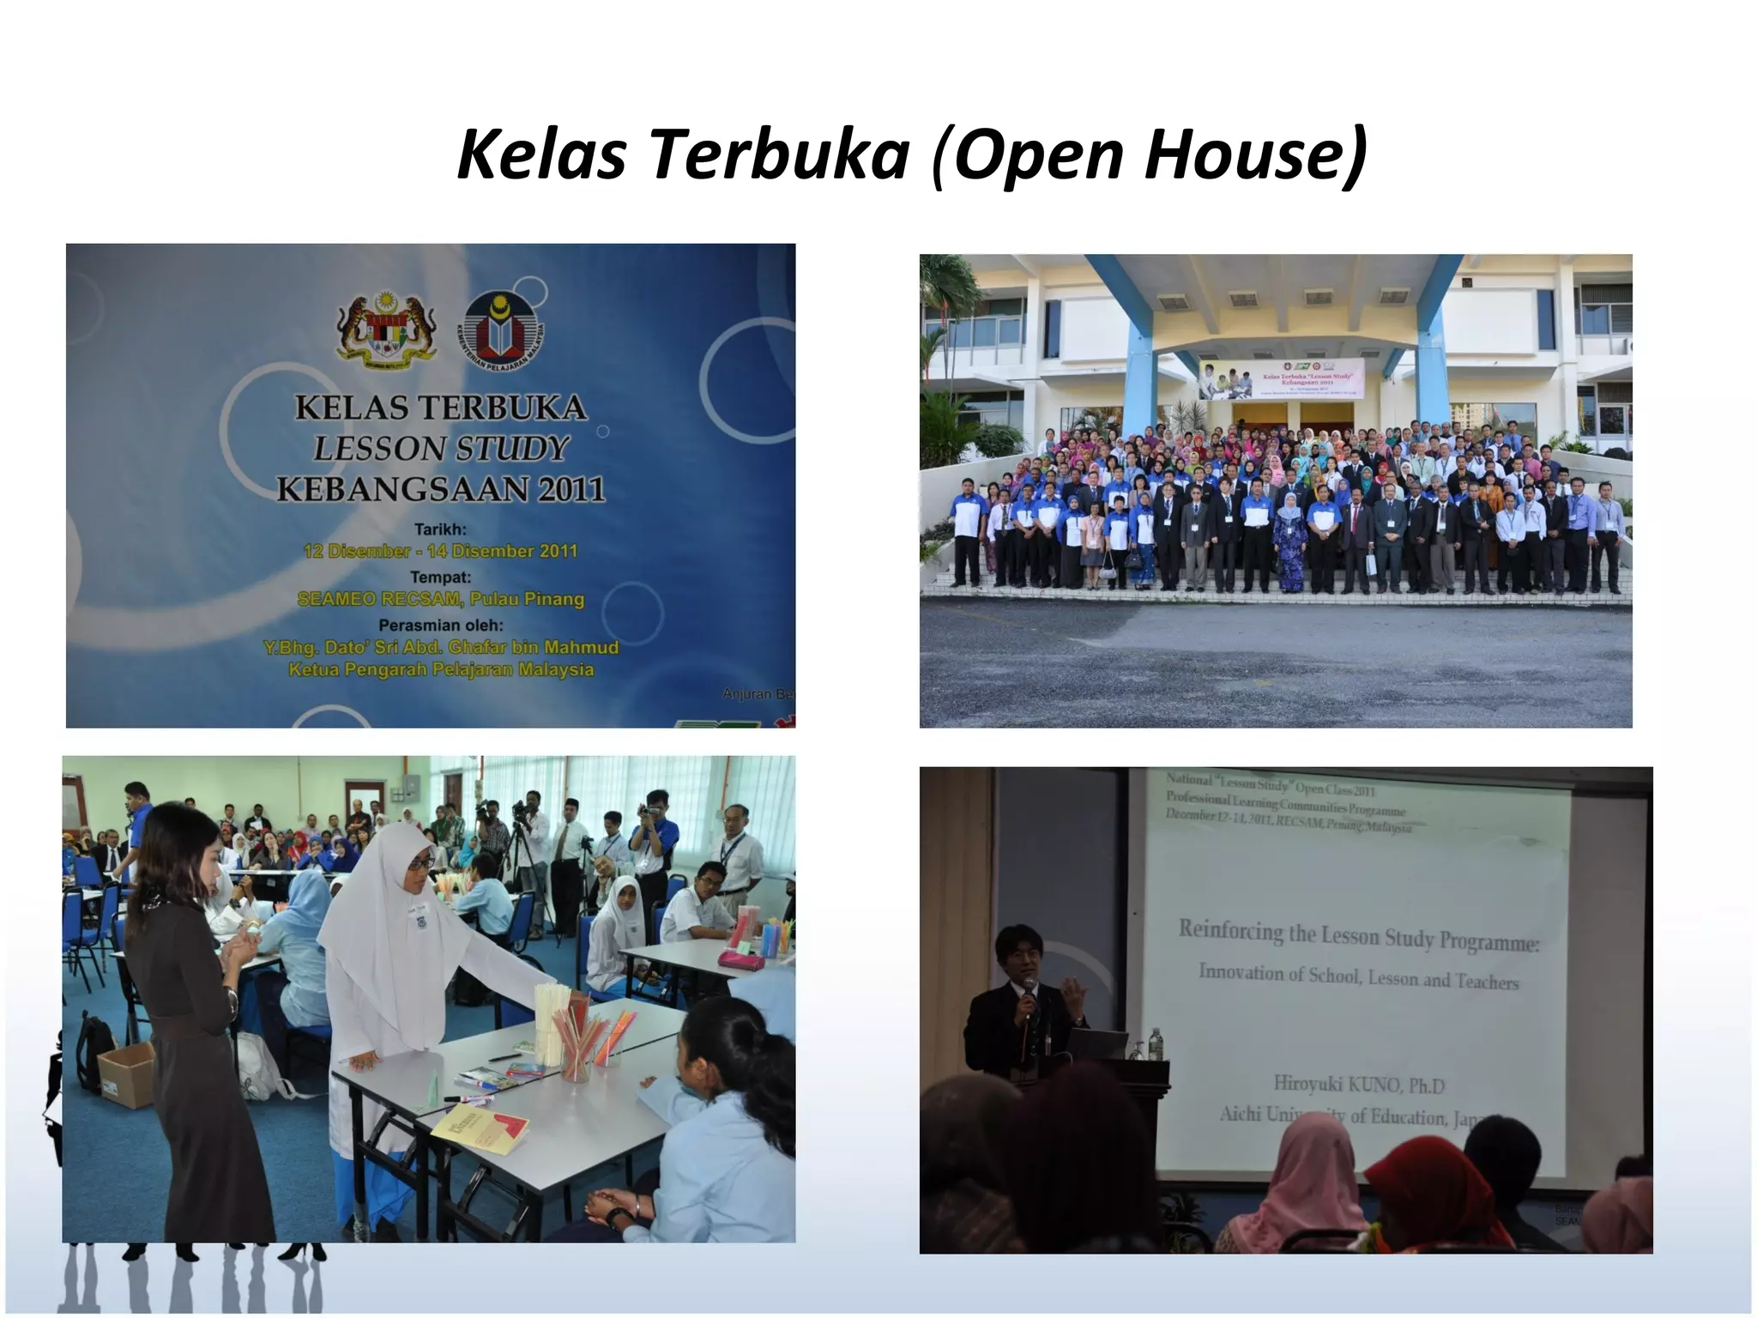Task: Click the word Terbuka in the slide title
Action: click(x=778, y=154)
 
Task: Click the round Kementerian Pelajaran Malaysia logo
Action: click(x=504, y=330)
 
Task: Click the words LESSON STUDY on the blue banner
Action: click(x=441, y=448)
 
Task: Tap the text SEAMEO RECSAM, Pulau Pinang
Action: click(x=441, y=599)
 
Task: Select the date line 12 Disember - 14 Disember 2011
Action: click(x=441, y=551)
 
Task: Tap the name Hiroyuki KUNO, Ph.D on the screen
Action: click(x=1359, y=1085)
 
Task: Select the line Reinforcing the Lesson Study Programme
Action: click(x=1358, y=936)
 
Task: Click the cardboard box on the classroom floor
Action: click(x=127, y=1073)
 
